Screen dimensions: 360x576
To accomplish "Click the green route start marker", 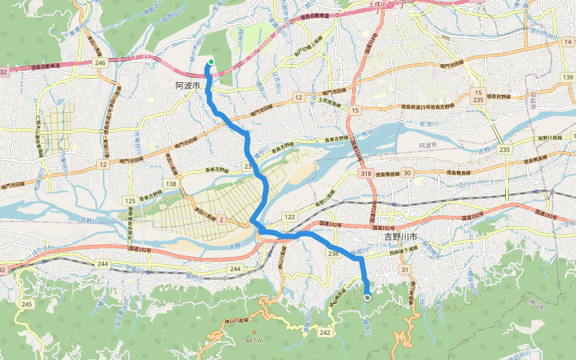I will coord(211,61).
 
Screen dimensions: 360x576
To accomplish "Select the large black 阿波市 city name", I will coord(187,86).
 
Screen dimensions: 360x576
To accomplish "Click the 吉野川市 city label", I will coord(400,237).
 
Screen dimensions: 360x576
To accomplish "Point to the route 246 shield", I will coord(100,62).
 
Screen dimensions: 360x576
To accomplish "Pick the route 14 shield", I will coord(568,42).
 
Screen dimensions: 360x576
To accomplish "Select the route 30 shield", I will coord(407,173).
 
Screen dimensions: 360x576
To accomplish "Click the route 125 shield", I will coord(130,200).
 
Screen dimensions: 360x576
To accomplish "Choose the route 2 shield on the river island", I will coord(221,220).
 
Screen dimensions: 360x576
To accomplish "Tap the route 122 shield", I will coord(290,217).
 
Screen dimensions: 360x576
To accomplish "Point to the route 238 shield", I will coord(334,254).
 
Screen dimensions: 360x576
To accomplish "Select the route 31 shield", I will coord(404,269).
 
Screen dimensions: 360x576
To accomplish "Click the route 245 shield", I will coord(26,305).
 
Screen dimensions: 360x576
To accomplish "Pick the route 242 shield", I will coord(325,332).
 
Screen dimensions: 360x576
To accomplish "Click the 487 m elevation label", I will coord(254,341).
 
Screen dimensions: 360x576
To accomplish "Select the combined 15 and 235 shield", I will coord(478,96).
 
